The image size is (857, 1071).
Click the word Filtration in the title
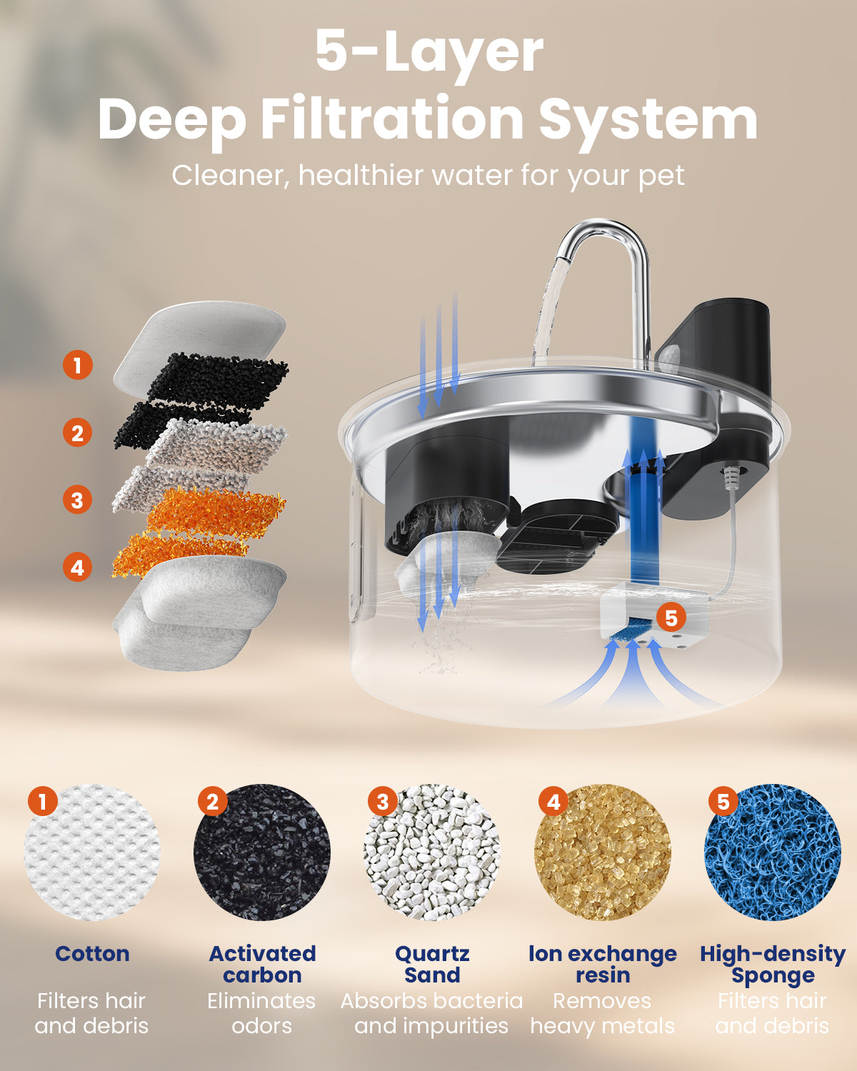(392, 119)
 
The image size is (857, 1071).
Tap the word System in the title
(647, 120)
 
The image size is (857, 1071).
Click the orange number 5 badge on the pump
(671, 618)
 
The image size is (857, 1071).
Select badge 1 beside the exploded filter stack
(78, 365)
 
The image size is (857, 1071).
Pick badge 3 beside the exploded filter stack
(78, 500)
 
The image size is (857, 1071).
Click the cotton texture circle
(92, 853)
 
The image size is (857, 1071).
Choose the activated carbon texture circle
(262, 853)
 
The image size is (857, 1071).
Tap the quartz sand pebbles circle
(432, 853)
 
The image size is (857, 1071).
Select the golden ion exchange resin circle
(603, 853)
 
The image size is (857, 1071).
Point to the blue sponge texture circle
(772, 853)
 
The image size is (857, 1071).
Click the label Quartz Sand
(432, 965)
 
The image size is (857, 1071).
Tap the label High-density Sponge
(773, 965)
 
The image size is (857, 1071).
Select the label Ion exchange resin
(603, 965)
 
